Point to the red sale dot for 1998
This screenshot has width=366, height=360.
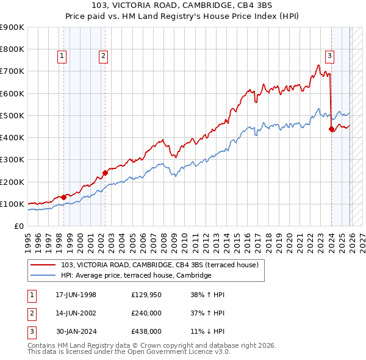pos(63,197)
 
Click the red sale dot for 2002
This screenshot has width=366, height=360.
pos(105,173)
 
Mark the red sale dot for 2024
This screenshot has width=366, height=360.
pos(331,129)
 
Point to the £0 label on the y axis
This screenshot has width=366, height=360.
pos(18,226)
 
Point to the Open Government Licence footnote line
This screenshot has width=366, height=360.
pos(129,351)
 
